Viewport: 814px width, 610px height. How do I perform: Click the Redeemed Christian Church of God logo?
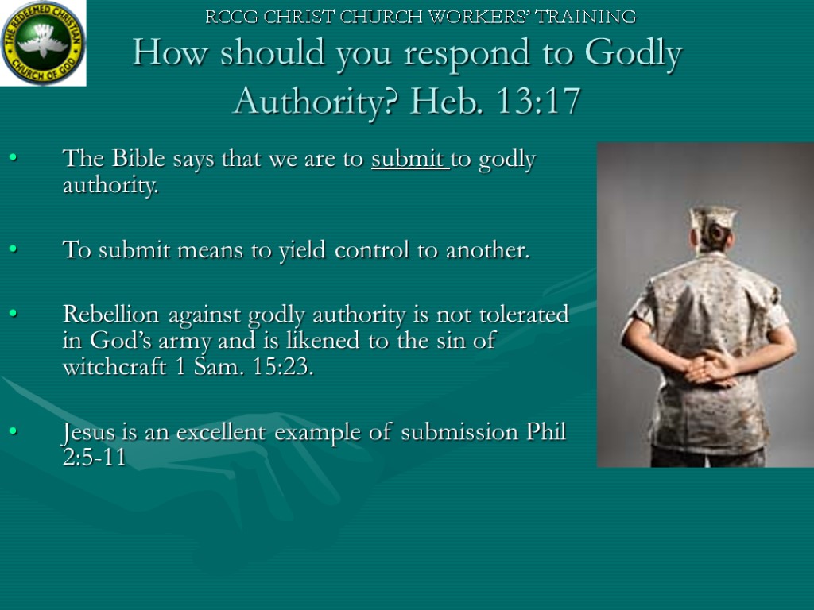tap(43, 43)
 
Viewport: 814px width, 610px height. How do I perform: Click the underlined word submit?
tap(409, 160)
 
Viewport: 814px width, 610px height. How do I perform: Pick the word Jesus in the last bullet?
tap(87, 433)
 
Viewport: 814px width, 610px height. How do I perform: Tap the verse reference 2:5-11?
tap(94, 458)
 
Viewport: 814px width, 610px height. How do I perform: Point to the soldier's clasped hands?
tap(710, 367)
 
